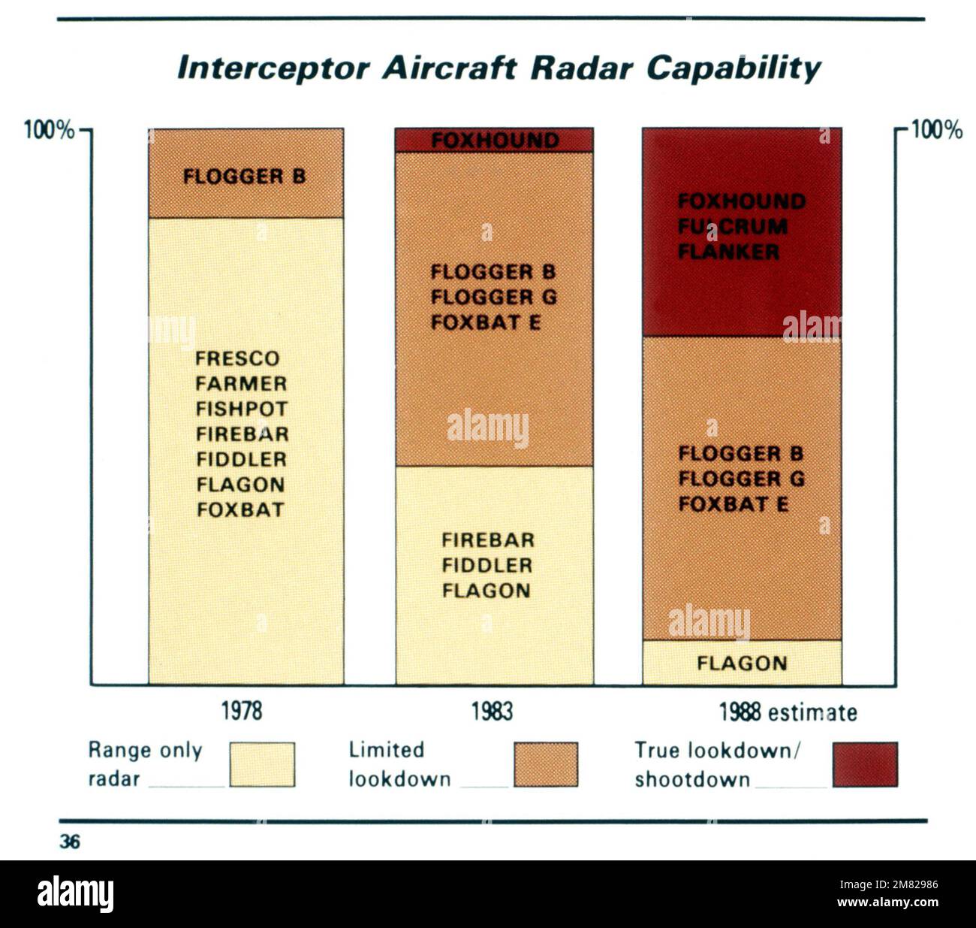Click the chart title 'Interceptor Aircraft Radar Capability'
[x=499, y=68]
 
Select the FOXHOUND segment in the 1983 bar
[x=495, y=141]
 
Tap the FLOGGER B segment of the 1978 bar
[x=245, y=177]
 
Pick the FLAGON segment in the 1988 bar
[x=742, y=664]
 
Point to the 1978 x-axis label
[x=242, y=711]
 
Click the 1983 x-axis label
[x=493, y=711]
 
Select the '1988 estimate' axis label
[x=788, y=712]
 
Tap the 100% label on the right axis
[x=936, y=131]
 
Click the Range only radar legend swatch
[x=262, y=765]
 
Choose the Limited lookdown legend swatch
[x=546, y=765]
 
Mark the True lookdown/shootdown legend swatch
[x=865, y=765]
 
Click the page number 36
[x=70, y=842]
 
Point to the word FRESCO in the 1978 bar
[x=237, y=358]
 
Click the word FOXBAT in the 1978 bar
[x=241, y=510]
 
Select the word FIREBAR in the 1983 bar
[x=488, y=540]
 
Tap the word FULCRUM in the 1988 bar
[x=733, y=226]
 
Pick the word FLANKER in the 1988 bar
[x=728, y=252]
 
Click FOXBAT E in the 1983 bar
[x=486, y=322]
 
